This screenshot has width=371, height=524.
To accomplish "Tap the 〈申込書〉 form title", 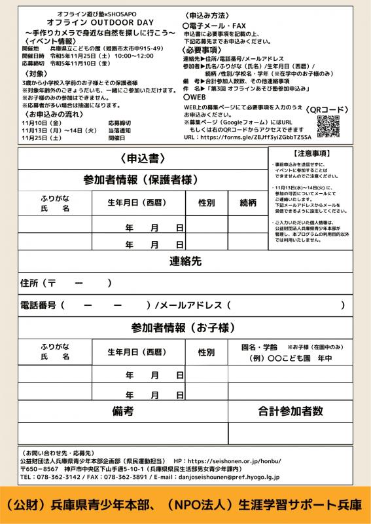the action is point(141,159).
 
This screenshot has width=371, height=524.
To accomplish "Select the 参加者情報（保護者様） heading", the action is point(141,179).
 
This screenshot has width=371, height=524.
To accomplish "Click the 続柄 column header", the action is point(248,202).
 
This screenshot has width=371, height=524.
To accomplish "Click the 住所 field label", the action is point(29,283).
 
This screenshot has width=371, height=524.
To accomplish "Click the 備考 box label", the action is point(122,411).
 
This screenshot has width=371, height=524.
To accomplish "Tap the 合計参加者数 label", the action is point(290,411).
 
